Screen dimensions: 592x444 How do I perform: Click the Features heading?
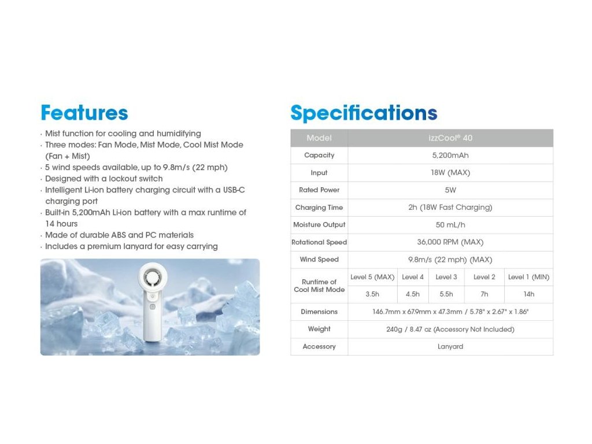tap(84, 113)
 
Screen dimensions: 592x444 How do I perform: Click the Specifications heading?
tap(364, 113)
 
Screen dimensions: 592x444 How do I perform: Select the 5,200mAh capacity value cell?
tap(450, 155)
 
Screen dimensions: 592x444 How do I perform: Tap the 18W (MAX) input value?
tap(450, 172)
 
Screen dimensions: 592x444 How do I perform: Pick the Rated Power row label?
tap(319, 190)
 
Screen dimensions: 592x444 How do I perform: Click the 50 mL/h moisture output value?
tap(450, 225)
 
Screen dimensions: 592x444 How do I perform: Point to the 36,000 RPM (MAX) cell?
tap(450, 242)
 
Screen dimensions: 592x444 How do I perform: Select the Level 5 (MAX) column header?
tap(372, 277)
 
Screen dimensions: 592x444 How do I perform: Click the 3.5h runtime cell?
tap(372, 294)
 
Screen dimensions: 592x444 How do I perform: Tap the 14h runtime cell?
tap(528, 294)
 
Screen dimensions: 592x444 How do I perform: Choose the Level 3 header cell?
tap(446, 277)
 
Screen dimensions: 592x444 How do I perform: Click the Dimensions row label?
tap(319, 312)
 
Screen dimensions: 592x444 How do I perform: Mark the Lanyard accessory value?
tap(450, 346)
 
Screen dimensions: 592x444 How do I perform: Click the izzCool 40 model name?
tap(450, 138)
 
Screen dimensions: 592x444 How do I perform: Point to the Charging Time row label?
tap(319, 208)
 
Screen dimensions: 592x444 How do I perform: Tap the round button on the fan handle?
tap(153, 307)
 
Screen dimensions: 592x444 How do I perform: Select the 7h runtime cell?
tap(484, 294)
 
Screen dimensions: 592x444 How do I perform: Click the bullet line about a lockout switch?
tap(104, 179)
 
